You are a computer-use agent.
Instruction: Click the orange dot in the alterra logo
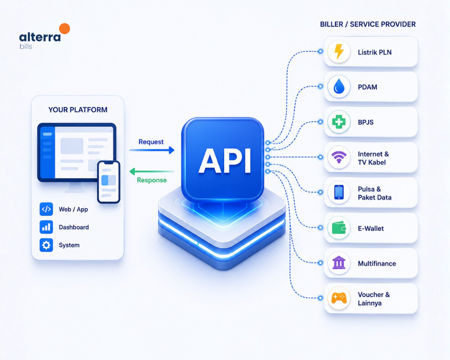(65, 29)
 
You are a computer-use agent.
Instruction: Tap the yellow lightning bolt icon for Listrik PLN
(339, 51)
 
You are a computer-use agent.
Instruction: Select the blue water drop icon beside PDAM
(339, 87)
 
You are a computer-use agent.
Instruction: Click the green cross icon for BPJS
(339, 122)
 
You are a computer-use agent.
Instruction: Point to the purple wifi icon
(339, 157)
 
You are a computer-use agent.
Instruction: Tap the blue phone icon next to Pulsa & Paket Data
(339, 192)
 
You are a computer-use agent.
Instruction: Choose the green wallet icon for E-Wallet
(339, 228)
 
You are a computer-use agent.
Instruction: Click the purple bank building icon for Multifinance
(339, 263)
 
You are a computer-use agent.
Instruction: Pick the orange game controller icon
(339, 298)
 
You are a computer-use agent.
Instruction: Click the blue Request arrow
(152, 150)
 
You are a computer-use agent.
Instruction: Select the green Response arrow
(152, 172)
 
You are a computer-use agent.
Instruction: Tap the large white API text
(225, 161)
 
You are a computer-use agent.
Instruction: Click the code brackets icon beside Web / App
(46, 209)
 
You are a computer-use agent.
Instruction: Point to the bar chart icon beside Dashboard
(46, 227)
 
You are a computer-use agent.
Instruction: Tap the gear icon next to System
(46, 245)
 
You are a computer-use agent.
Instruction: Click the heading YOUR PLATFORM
(78, 110)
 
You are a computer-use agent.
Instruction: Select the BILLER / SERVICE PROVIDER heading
(368, 24)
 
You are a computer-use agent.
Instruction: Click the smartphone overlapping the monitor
(108, 182)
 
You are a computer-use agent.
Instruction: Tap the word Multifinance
(377, 263)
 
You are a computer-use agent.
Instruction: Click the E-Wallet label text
(371, 228)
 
